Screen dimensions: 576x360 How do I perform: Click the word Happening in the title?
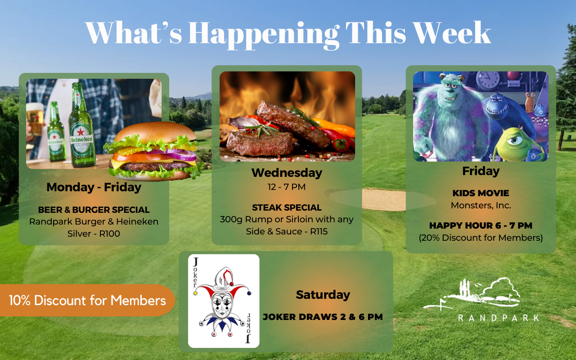[264, 35]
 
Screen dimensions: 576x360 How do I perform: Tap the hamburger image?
[153, 151]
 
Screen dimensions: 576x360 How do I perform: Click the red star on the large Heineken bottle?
[81, 132]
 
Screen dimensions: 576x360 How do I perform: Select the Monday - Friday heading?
[94, 187]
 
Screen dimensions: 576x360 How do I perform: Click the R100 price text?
[109, 234]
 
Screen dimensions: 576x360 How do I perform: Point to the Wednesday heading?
[287, 173]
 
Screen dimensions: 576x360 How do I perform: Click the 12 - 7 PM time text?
[287, 187]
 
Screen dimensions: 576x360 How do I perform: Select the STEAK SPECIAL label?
[287, 207]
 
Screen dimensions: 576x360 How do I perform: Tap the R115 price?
[319, 231]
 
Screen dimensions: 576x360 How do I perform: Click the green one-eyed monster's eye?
[515, 141]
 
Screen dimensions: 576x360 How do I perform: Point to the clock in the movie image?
[488, 80]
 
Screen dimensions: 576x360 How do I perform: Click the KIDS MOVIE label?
[481, 193]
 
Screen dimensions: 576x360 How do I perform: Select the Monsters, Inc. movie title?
[481, 206]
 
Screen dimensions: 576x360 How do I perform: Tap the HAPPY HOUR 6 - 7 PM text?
[481, 225]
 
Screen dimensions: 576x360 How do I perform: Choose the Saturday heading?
[323, 295]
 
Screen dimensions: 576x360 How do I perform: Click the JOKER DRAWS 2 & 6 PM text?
[323, 317]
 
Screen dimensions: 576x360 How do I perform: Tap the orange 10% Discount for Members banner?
[87, 300]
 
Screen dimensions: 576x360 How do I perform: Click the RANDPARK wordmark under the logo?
[499, 318]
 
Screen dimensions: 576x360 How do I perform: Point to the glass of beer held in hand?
[35, 119]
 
